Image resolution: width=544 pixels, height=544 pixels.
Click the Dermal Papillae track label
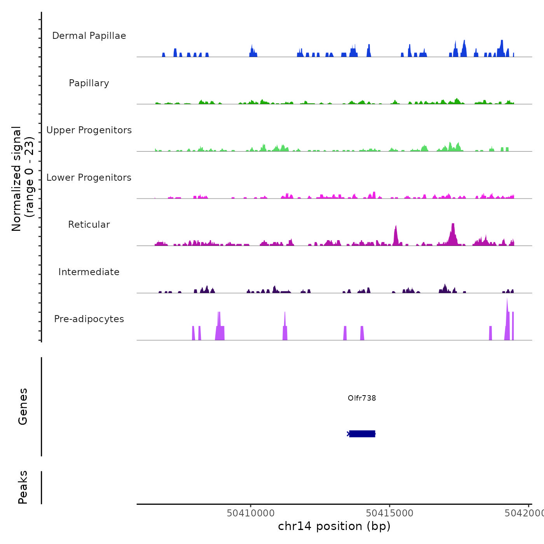[x=89, y=36]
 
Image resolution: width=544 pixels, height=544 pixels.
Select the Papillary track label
[x=89, y=83]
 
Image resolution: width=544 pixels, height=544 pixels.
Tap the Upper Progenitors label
[x=89, y=130]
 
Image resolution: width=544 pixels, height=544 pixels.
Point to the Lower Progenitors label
[x=89, y=178]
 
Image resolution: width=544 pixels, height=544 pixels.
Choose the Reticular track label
[x=89, y=225]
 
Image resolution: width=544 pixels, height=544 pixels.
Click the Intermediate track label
[x=89, y=272]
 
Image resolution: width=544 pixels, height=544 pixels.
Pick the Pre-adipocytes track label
[x=89, y=319]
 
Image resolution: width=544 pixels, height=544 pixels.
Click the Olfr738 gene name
[x=362, y=398]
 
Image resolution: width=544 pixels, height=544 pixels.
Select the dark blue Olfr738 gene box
[x=362, y=434]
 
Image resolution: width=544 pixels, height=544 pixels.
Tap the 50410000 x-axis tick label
[x=251, y=513]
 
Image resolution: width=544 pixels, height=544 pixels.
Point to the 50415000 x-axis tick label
[x=390, y=513]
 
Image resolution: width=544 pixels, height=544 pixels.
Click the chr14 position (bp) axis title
[x=334, y=526]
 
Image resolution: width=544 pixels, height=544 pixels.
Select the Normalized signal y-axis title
[x=23, y=179]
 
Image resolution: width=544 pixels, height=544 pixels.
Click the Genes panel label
[x=23, y=406]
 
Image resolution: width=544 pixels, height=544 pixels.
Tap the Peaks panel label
[x=23, y=487]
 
